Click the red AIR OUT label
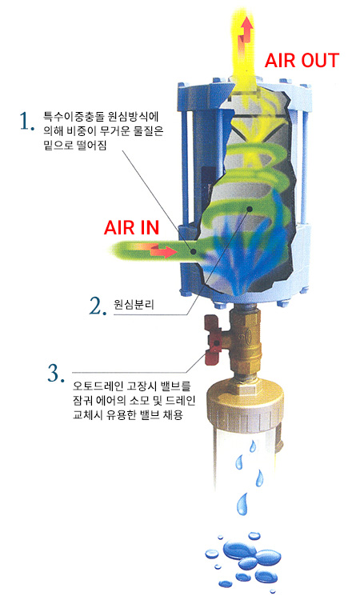tap(302, 61)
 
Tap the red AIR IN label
tap(131, 228)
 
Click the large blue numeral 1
tap(26, 122)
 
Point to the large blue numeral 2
tap(98, 306)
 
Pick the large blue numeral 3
tap(55, 373)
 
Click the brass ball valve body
tap(244, 341)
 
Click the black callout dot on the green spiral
tap(250, 209)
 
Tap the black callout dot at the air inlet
tap(194, 252)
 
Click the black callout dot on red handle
tap(217, 343)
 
